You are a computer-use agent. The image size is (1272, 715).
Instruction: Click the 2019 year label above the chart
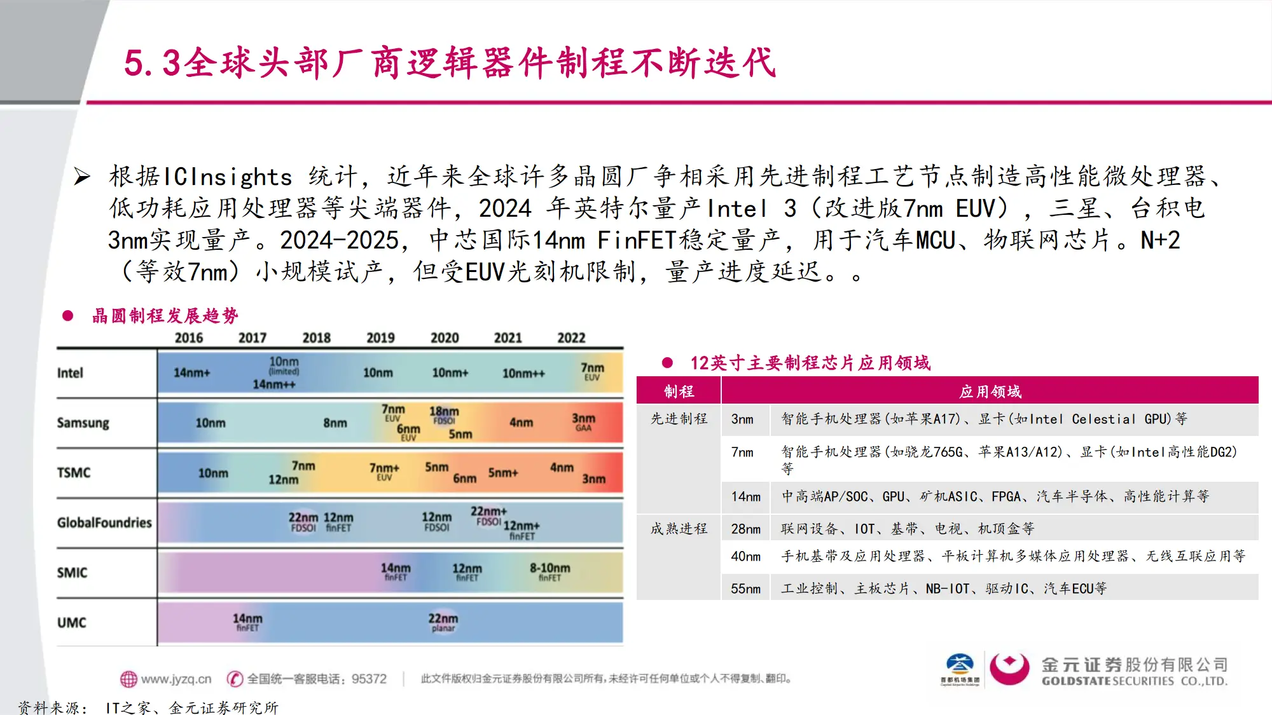pyautogui.click(x=380, y=338)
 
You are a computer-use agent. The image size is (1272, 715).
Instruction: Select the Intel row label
pyautogui.click(x=70, y=373)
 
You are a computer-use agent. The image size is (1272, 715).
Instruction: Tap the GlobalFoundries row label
pyautogui.click(x=104, y=522)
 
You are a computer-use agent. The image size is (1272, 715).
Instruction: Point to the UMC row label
pyautogui.click(x=71, y=623)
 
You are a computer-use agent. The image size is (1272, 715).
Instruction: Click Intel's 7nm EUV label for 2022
pyautogui.click(x=592, y=371)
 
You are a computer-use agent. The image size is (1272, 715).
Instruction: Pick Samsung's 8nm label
pyautogui.click(x=335, y=423)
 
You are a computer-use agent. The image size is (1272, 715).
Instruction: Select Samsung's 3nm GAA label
pyautogui.click(x=583, y=422)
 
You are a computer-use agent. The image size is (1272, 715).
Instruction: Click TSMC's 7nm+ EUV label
pyautogui.click(x=384, y=471)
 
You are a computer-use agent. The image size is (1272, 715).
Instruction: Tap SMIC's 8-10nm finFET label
pyautogui.click(x=550, y=571)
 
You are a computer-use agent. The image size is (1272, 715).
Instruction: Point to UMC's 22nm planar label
pyautogui.click(x=443, y=622)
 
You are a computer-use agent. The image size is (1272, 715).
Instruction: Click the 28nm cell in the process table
pyautogui.click(x=745, y=529)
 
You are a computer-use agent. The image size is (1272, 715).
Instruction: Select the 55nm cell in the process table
pyautogui.click(x=745, y=589)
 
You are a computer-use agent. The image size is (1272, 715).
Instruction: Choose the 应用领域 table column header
pyautogui.click(x=990, y=392)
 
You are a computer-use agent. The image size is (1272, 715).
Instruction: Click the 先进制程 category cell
pyautogui.click(x=679, y=419)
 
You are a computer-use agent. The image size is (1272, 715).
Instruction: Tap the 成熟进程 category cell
pyautogui.click(x=679, y=529)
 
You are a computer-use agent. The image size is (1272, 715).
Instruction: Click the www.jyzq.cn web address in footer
pyautogui.click(x=176, y=679)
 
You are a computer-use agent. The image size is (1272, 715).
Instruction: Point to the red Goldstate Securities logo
pyautogui.click(x=1009, y=669)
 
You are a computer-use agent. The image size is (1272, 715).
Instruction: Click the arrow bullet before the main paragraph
pyautogui.click(x=82, y=176)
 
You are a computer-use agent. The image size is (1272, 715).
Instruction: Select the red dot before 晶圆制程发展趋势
pyautogui.click(x=68, y=316)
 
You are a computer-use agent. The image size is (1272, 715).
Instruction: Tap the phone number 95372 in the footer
pyautogui.click(x=369, y=679)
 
